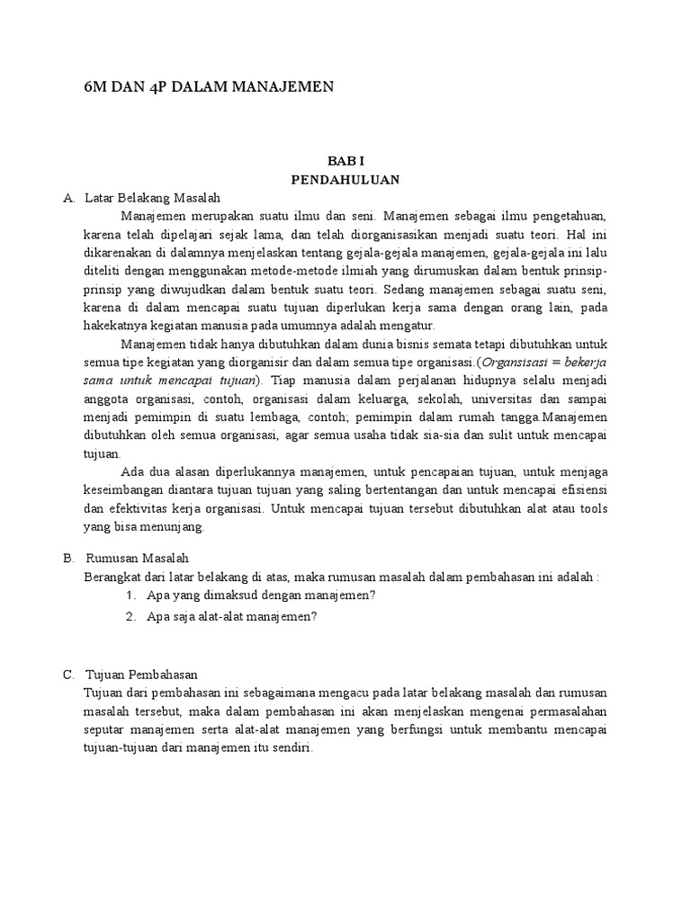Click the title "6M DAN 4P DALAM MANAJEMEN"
(208, 86)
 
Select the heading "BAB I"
(345, 161)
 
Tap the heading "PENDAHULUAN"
(345, 179)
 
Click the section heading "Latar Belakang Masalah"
(152, 197)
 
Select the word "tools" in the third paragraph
(593, 508)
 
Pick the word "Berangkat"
(109, 577)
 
